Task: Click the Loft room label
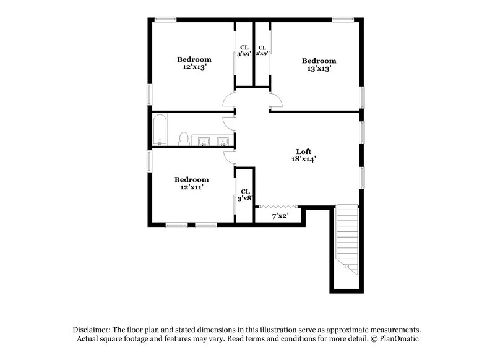tap(303, 151)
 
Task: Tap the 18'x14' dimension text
tap(303, 160)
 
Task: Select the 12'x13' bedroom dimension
tap(194, 67)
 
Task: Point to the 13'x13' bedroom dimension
tap(319, 69)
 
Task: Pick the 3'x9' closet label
tap(244, 51)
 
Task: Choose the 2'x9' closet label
tap(262, 51)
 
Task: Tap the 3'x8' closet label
tap(245, 195)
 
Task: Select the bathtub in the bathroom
tap(160, 129)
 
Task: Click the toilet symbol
tap(184, 139)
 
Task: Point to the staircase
tap(347, 241)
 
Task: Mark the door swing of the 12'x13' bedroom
tap(230, 99)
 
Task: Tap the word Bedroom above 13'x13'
tap(319, 61)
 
